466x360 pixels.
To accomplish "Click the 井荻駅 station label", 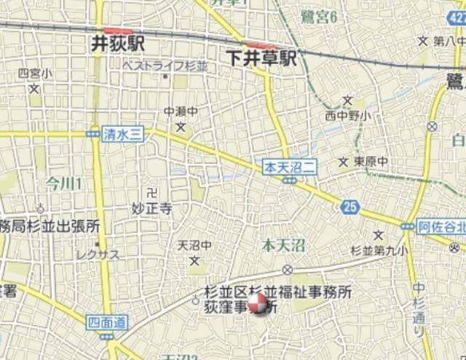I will click(x=118, y=44).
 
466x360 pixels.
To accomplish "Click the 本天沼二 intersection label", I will click(x=289, y=167).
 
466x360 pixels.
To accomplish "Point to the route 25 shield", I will click(x=350, y=208).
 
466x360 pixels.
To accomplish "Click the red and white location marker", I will click(x=257, y=304).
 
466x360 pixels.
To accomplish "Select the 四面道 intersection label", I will click(x=106, y=322).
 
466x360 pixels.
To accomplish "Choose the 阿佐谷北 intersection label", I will click(x=442, y=227).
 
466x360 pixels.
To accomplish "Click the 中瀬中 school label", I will click(x=181, y=111).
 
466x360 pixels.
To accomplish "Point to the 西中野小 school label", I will click(x=347, y=115).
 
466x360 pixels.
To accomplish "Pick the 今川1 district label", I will click(x=64, y=181).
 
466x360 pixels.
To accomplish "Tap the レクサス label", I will click(x=97, y=254).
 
